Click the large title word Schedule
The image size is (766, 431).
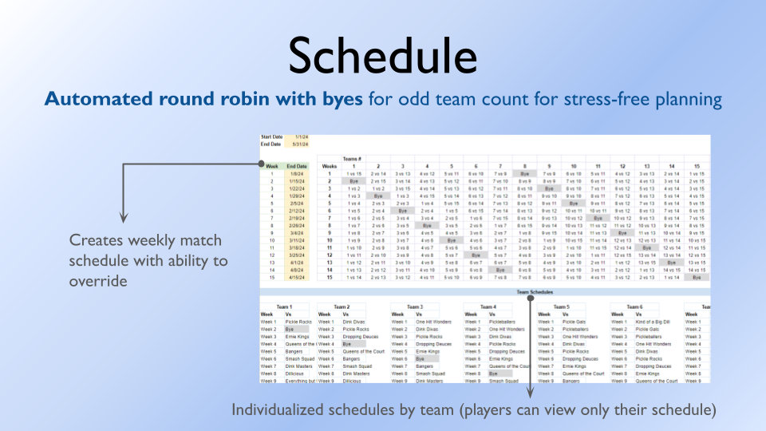click(x=383, y=56)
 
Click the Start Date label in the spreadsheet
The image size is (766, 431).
click(x=272, y=137)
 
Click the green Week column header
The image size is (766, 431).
click(x=272, y=166)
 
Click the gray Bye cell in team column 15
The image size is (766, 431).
click(x=697, y=277)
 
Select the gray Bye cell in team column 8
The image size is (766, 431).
click(x=524, y=173)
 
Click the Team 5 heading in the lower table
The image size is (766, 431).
click(x=561, y=306)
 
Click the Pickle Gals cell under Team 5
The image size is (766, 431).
click(x=574, y=322)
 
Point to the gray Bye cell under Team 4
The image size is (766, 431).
click(x=495, y=374)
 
